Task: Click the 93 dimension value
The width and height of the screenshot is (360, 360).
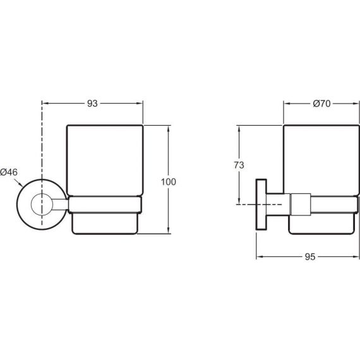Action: coord(92,104)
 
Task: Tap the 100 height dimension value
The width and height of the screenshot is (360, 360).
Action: coord(169,182)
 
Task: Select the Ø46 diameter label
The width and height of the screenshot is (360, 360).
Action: coord(9,172)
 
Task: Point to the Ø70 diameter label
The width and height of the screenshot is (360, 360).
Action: coord(321,104)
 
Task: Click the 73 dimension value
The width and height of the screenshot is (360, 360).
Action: coord(239,165)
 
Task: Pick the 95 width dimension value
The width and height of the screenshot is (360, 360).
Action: coord(310,257)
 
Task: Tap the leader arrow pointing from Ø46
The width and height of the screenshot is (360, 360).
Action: coord(18,183)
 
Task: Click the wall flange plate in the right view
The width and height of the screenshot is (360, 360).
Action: coord(261,205)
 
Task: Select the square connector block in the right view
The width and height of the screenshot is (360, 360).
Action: coord(301,205)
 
